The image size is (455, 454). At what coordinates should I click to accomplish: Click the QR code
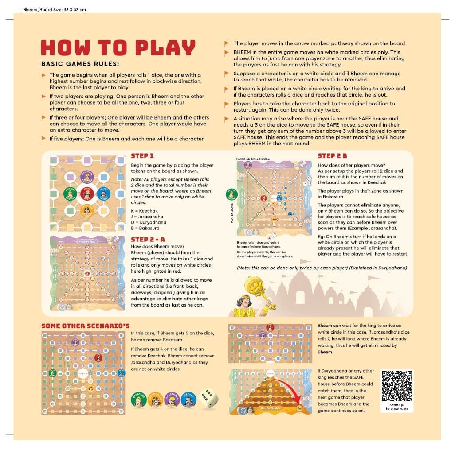click(397, 385)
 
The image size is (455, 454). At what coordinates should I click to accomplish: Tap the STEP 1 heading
click(142, 156)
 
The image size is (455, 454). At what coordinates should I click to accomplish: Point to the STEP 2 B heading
click(332, 156)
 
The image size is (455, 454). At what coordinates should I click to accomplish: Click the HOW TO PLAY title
click(118, 48)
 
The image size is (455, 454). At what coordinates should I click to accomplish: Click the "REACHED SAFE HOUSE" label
click(252, 159)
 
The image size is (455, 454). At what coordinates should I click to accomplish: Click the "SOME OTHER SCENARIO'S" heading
click(86, 326)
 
